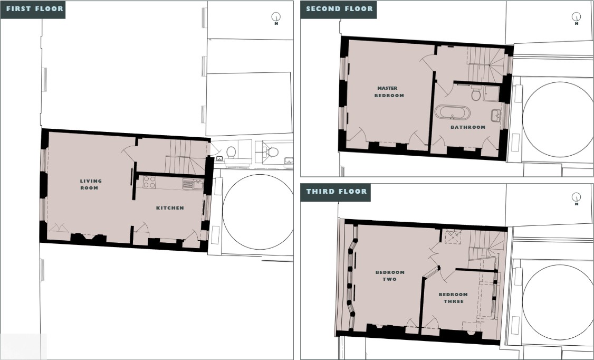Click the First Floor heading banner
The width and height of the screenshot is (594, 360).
pos(33,9)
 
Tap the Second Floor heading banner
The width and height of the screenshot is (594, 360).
pos(339,9)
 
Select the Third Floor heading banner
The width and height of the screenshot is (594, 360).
pos(336,192)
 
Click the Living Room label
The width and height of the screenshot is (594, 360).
pos(91,184)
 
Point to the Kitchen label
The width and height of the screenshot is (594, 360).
pos(170,207)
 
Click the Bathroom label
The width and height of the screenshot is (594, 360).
pos(468,127)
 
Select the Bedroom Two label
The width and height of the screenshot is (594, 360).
pos(390,276)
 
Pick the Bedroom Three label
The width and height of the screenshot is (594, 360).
pos(453,298)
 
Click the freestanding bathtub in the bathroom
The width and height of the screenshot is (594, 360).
pos(452,113)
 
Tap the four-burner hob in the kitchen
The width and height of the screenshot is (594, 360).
pos(149,182)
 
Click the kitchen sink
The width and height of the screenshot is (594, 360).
pos(193,185)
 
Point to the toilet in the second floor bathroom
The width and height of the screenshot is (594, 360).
pos(476,93)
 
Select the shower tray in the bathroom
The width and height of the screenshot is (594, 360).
pos(491,93)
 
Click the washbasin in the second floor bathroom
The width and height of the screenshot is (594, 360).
pos(496,115)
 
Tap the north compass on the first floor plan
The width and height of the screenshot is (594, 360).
pos(276,17)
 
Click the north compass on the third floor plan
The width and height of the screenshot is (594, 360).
pos(576,197)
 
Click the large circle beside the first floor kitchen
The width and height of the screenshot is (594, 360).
pos(258,212)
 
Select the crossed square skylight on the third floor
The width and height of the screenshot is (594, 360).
pos(453,237)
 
